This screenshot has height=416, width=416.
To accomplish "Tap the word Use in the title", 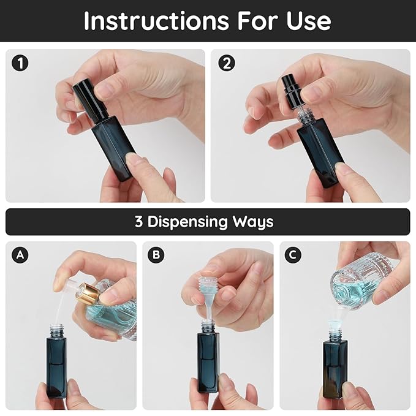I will (309, 21).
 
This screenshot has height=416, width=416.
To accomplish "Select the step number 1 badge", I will (21, 62).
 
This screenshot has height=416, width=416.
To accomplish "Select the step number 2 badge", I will (226, 62).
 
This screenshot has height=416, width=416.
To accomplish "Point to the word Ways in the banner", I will (252, 222).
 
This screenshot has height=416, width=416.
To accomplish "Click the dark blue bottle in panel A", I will (56, 368).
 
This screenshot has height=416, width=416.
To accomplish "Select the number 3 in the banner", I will (139, 222).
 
